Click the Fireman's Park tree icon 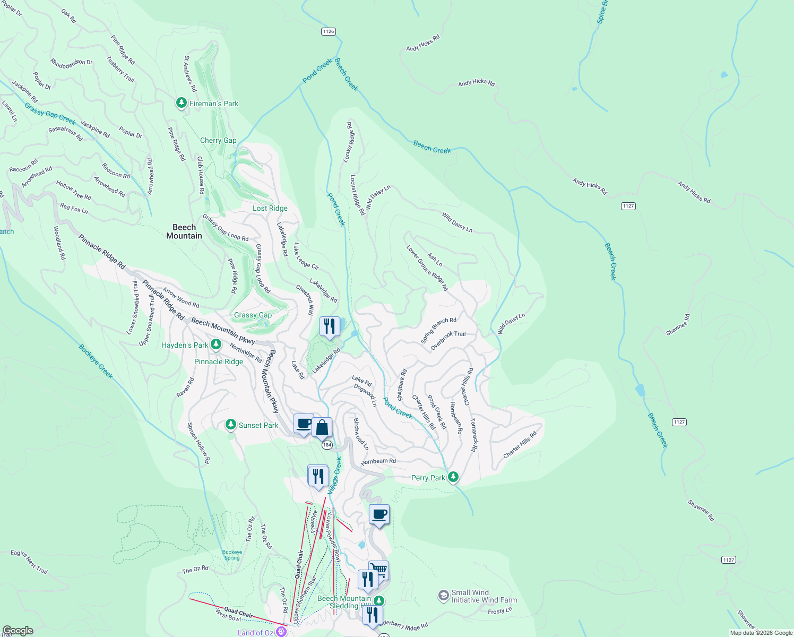coord(182,102)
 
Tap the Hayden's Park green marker coord(215,345)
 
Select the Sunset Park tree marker coord(230,425)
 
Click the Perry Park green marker coord(453,477)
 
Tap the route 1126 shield coord(329,31)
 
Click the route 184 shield coord(327,445)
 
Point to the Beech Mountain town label coord(184,231)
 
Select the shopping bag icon coord(322,427)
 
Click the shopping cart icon coord(379,570)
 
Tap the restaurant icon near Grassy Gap coord(330,326)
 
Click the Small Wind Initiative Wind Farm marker coord(444,596)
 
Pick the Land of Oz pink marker coord(281,632)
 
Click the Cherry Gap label coord(218,140)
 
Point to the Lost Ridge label coord(270,208)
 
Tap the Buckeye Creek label coord(96,361)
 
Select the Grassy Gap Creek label coord(50,114)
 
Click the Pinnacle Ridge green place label coord(219,361)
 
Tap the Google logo coord(18,631)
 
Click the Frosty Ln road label coord(500,611)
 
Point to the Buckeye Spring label coord(232,555)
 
